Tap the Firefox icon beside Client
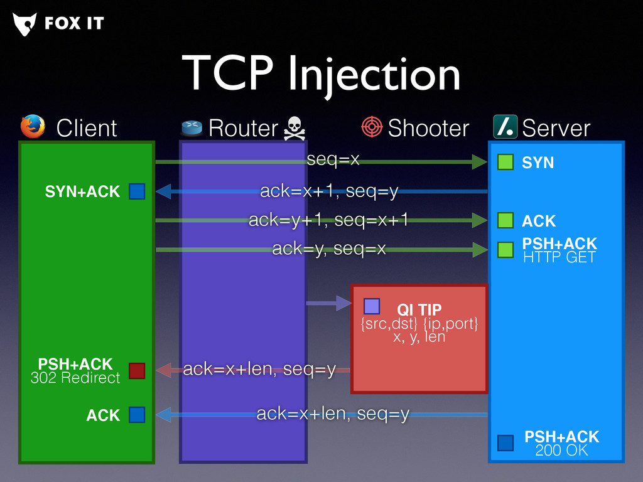pos(33,127)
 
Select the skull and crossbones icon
pos(294,128)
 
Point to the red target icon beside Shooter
pos(372,127)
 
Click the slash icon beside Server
pos(505,127)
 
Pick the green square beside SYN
pos(505,163)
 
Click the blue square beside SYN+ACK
pos(137,191)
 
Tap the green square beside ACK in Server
pos(505,220)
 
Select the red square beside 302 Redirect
pos(137,371)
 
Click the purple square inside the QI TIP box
pos(372,306)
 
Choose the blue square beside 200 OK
pos(505,443)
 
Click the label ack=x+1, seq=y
pos(329,191)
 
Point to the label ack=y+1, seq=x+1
pos(328,220)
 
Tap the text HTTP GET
pos(559,257)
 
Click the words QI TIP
pos(419,309)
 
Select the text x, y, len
pos(419,337)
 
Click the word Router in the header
pos(243,128)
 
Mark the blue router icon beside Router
pos(192,127)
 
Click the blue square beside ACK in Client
pos(137,415)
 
